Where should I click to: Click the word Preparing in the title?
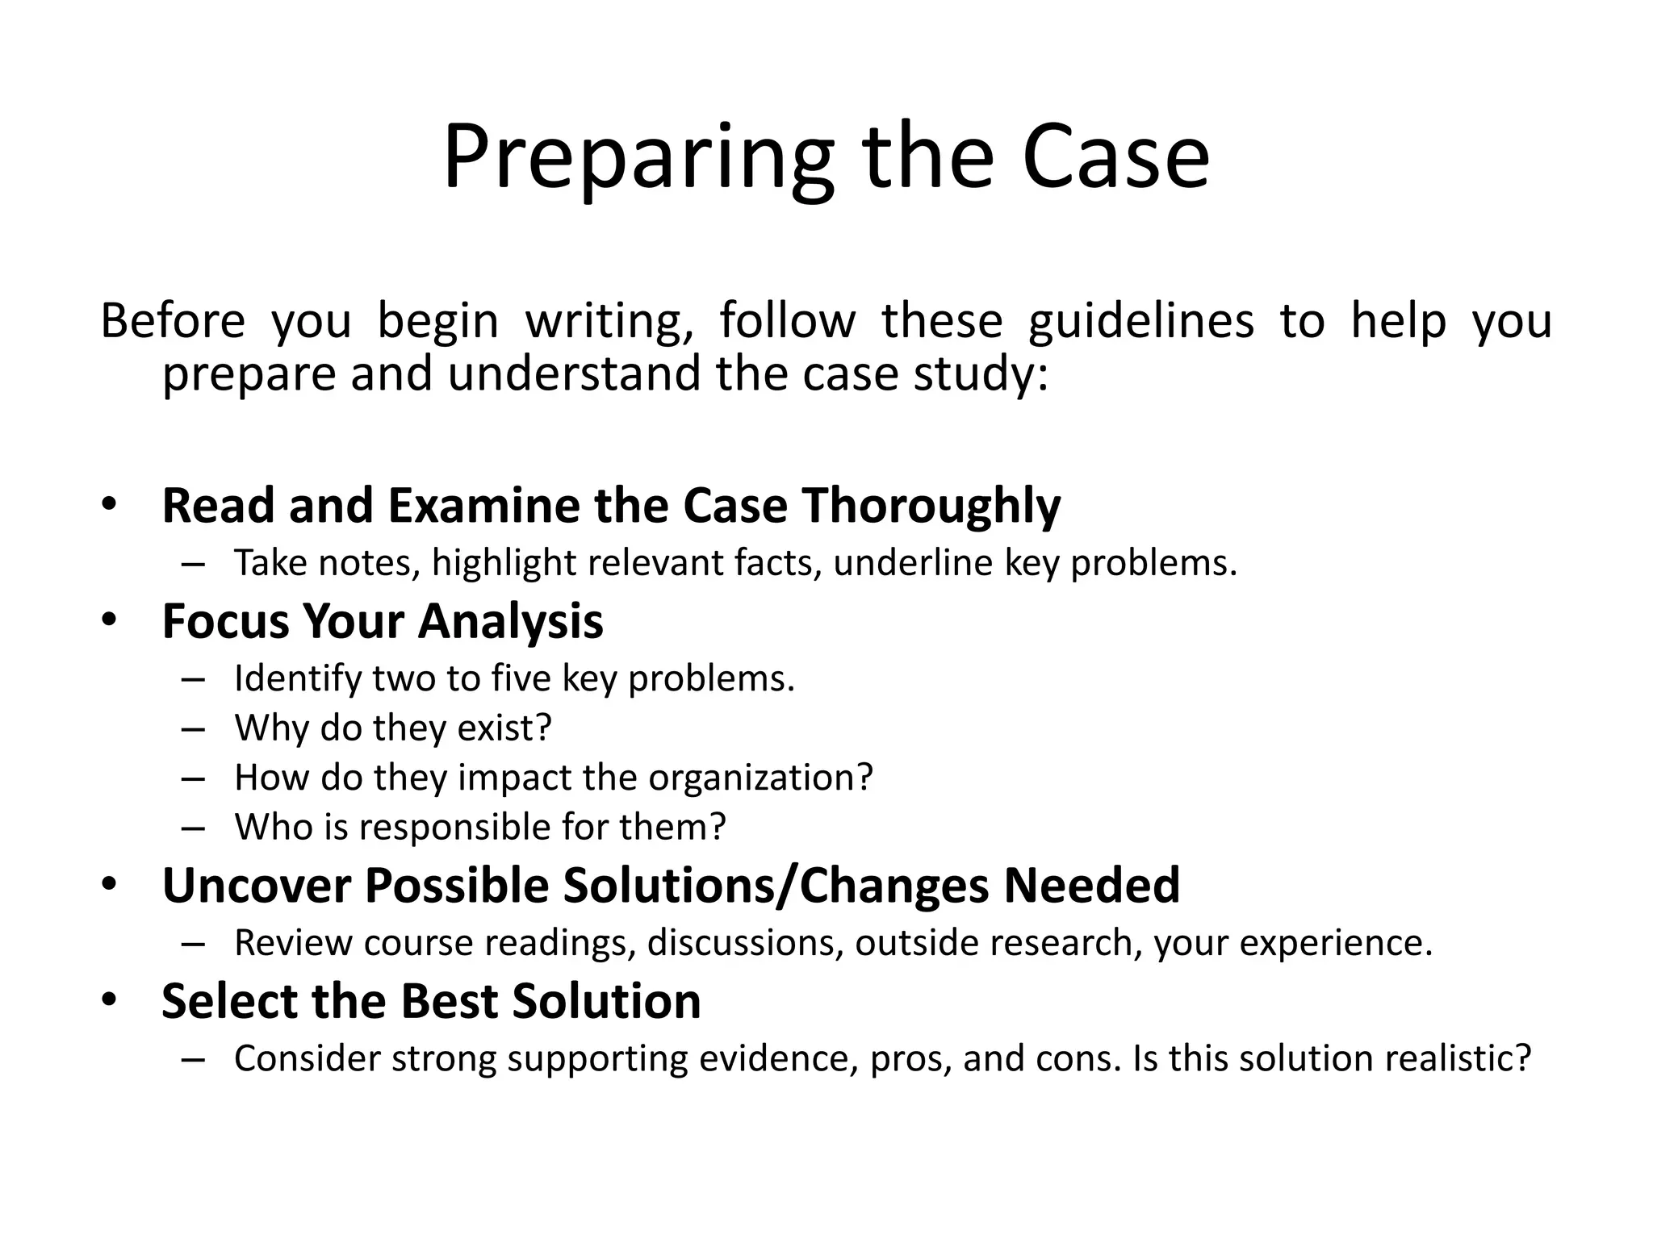pos(638,160)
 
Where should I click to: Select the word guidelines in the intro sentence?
pos(1141,320)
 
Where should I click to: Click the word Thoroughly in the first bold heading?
pos(931,507)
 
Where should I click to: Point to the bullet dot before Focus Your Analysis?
pos(110,620)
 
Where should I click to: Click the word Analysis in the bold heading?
pos(510,622)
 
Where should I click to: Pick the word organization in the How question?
pos(760,778)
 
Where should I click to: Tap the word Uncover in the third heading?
pos(256,886)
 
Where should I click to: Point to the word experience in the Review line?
pos(1335,944)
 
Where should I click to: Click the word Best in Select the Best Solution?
pos(449,1001)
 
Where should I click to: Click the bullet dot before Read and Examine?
pos(110,505)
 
